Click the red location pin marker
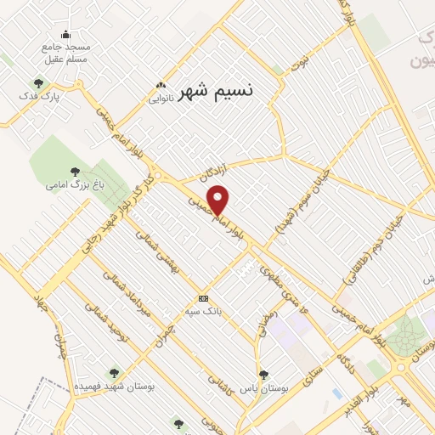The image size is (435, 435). coord(219,199)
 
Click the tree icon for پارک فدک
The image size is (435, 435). coord(38,83)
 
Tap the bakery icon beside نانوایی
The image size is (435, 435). coord(161,85)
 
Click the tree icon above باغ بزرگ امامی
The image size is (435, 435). coord(75,172)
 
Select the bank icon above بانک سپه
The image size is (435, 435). coord(203,298)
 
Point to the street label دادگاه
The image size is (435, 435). coord(346,347)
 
